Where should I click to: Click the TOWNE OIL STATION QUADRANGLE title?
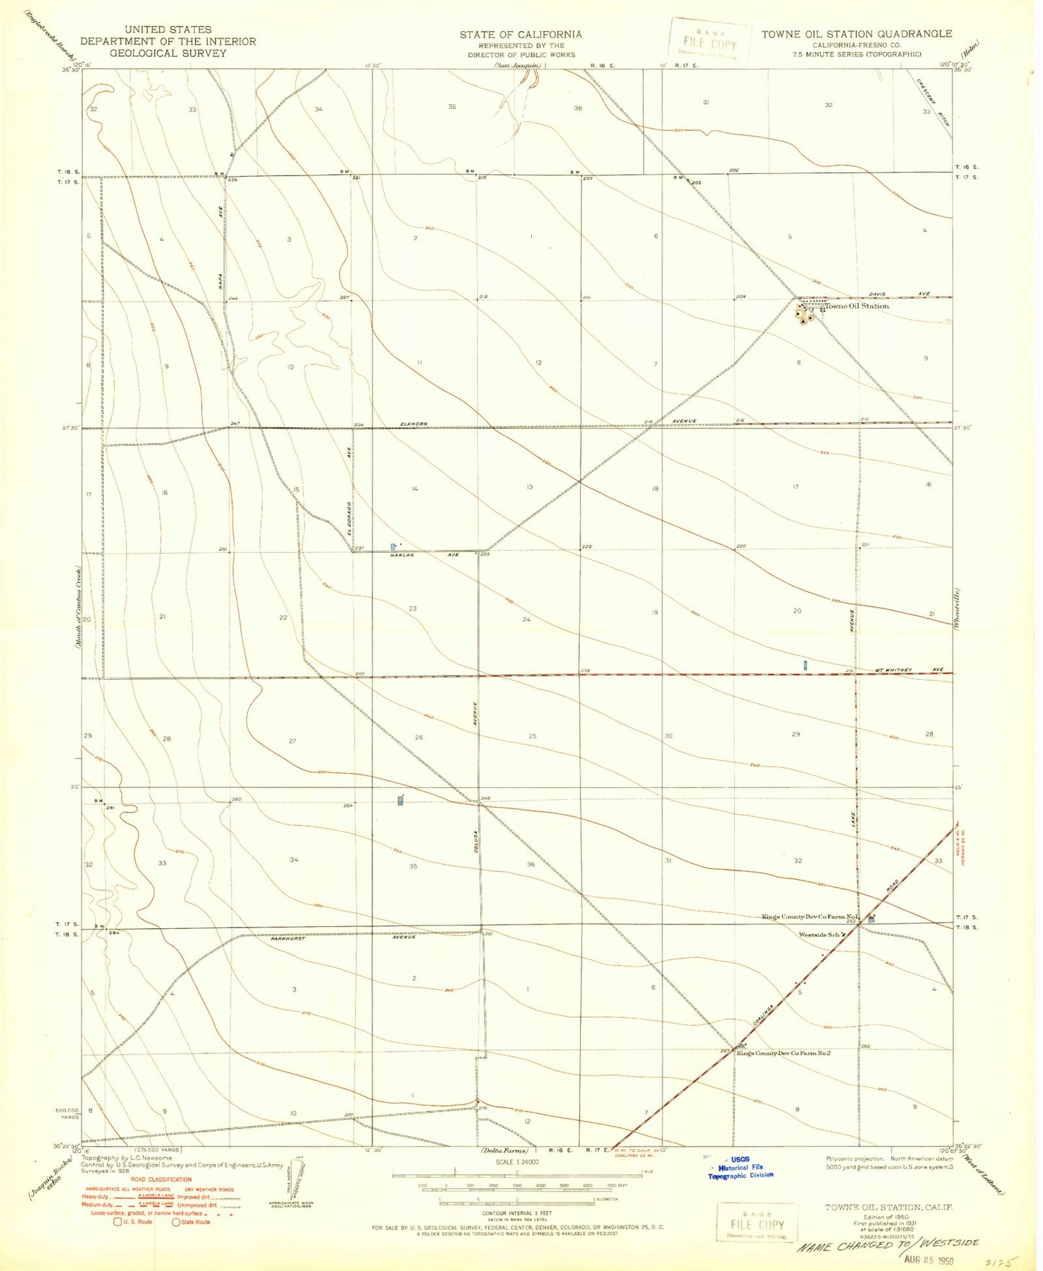coord(856,34)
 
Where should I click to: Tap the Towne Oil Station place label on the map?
coord(857,306)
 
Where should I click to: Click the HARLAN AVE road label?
coord(424,555)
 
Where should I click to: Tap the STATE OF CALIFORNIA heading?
coord(520,34)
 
